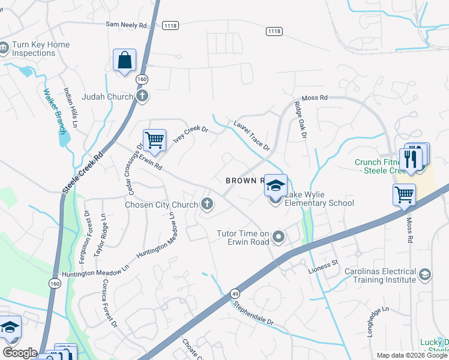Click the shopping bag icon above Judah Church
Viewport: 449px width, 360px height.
point(124,60)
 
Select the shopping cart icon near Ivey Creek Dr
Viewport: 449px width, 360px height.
point(154,140)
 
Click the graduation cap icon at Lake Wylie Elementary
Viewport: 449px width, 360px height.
point(276,185)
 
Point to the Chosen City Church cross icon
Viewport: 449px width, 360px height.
point(207,205)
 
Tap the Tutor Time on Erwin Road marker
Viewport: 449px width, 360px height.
point(278,238)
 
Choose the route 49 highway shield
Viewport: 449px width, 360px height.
point(234,294)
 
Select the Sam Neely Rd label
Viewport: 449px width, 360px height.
point(126,25)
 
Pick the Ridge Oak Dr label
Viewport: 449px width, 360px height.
point(300,119)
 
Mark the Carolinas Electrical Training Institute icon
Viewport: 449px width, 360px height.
point(424,274)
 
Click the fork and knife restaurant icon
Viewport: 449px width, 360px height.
point(411,159)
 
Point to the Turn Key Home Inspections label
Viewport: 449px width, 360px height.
point(41,49)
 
